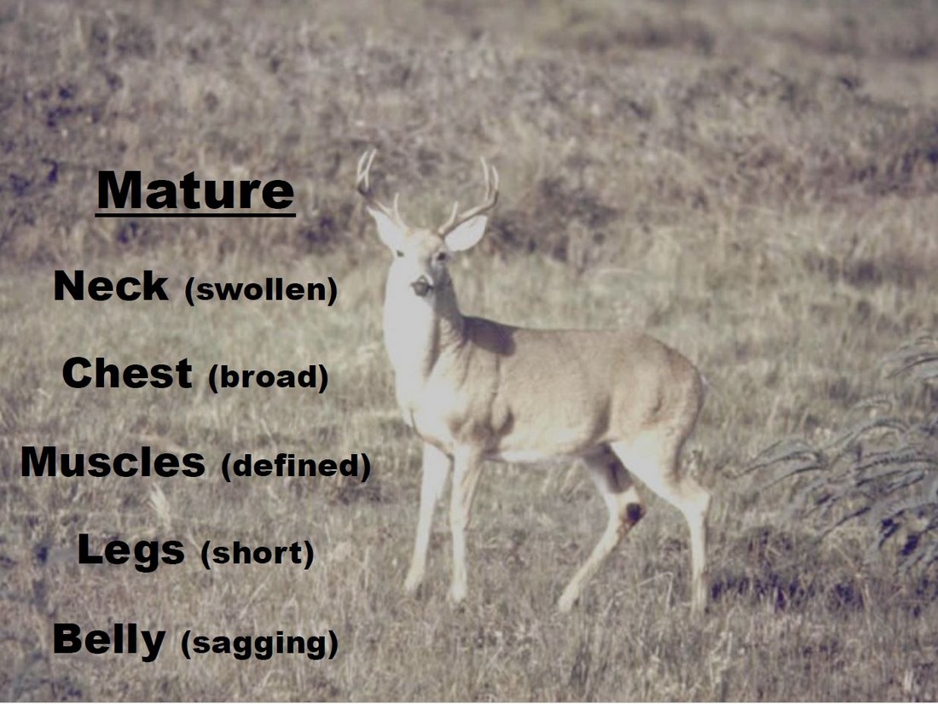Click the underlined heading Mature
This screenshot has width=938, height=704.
195,191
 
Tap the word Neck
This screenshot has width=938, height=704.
111,286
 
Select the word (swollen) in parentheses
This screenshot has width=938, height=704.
262,290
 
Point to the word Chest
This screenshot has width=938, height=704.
127,373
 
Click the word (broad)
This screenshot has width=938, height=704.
269,377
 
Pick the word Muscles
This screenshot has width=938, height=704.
113,463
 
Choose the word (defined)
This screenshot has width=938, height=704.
296,466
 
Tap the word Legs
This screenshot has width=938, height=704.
130,550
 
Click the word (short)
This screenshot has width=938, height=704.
258,554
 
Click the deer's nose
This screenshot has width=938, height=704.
420,286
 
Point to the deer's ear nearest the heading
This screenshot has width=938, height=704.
385,227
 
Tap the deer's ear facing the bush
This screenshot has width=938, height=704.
466,232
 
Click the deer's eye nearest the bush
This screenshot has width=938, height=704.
441,256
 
